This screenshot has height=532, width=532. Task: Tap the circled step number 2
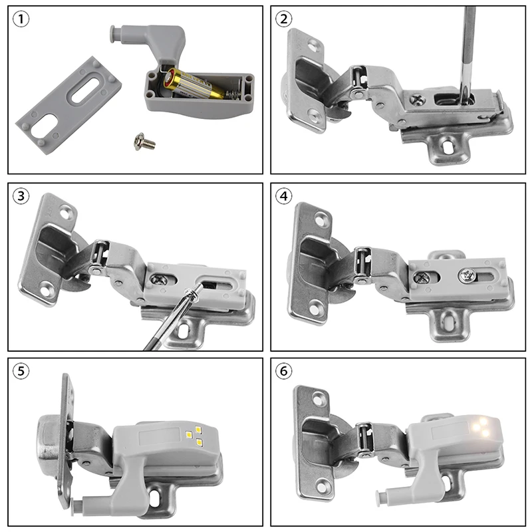pos(285,19)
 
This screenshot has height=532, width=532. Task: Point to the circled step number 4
pos(285,196)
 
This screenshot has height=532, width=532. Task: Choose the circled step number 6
pos(285,372)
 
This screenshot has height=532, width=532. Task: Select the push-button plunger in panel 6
pos(382,495)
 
